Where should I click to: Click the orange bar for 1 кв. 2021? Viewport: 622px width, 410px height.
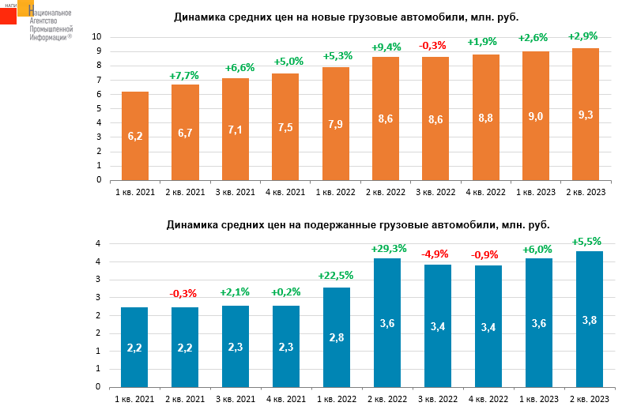tap(135, 136)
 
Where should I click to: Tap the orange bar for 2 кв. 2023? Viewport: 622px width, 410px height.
tap(586, 114)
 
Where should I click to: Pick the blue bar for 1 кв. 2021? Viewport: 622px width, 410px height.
tap(135, 347)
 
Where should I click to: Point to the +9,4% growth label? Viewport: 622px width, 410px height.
tap(386, 47)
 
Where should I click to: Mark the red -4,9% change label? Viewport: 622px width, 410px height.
tap(436, 254)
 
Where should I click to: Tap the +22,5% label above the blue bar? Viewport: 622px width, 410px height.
tap(336, 276)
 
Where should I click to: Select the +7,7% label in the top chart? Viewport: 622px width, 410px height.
tap(184, 75)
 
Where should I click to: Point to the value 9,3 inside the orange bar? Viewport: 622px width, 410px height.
tap(586, 115)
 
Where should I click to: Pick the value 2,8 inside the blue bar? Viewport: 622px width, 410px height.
tap(336, 337)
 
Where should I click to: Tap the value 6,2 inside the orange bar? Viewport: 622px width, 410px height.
tap(135, 136)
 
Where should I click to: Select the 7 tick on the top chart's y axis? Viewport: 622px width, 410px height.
tap(98, 80)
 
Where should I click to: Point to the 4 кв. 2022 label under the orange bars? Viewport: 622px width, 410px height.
tap(486, 193)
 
